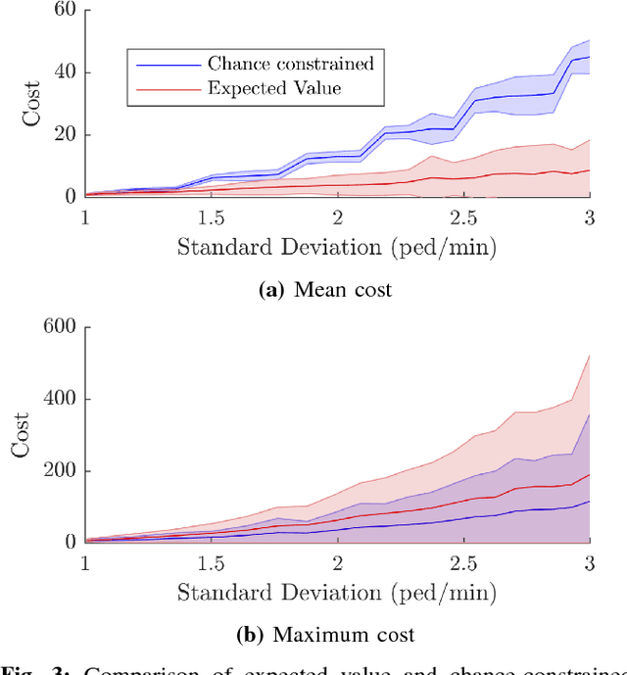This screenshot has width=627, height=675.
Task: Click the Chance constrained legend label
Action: tap(290, 64)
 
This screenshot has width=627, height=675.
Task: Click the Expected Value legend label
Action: tap(275, 87)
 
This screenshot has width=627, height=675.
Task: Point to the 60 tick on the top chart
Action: tap(65, 11)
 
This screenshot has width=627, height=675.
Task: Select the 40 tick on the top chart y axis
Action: tap(65, 72)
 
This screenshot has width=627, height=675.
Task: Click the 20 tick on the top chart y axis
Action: tap(65, 134)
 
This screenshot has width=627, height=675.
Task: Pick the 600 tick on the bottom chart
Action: tap(59, 328)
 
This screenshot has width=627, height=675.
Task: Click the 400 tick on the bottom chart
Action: tap(59, 400)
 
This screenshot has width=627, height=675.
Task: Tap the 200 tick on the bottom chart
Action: tap(59, 471)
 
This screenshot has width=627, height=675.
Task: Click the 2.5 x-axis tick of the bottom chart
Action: tap(463, 561)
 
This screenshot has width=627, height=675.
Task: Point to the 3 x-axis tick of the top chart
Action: tap(589, 216)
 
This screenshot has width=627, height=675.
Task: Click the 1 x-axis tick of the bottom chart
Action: tap(85, 561)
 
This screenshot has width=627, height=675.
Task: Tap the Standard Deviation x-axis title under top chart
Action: tap(336, 247)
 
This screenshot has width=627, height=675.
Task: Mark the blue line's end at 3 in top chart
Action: tap(589, 57)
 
